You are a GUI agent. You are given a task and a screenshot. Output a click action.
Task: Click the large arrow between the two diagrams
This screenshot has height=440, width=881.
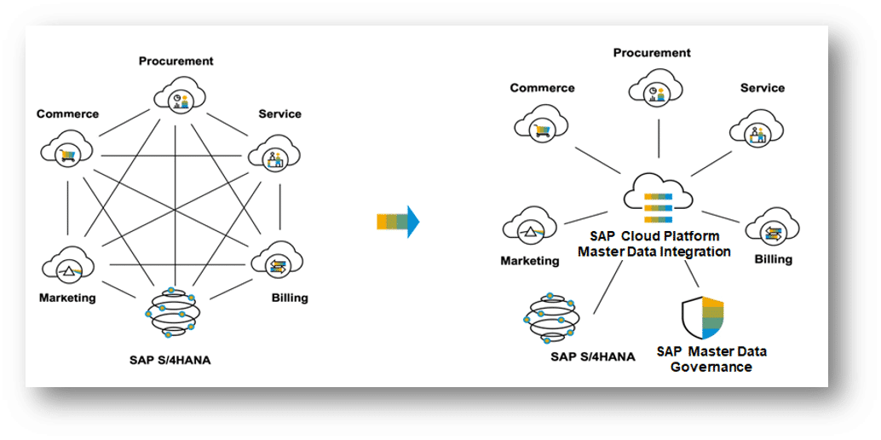click(x=398, y=222)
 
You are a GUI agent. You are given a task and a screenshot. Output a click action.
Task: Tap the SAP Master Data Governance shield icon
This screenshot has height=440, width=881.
click(x=702, y=317)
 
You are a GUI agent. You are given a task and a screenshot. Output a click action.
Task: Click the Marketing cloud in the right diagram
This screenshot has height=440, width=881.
click(x=530, y=226)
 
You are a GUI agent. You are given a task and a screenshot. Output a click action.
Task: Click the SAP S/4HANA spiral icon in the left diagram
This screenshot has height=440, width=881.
click(x=170, y=313)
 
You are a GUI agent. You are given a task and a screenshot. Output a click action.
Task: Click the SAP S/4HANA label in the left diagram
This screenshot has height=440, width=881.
click(x=169, y=360)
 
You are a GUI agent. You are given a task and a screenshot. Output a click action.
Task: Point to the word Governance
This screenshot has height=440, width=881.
click(x=713, y=368)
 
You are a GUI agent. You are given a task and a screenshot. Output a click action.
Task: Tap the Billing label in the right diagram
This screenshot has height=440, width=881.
click(x=774, y=259)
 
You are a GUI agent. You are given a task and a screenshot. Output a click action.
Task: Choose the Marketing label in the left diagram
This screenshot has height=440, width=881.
click(x=67, y=298)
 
